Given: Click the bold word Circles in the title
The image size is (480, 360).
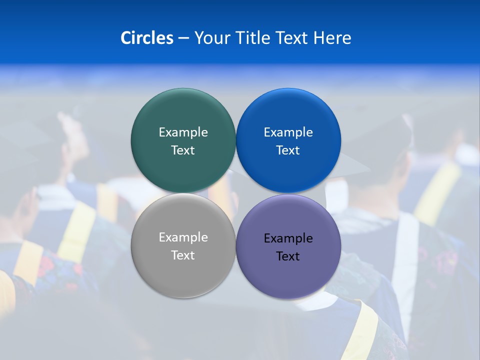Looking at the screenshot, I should click(147, 38).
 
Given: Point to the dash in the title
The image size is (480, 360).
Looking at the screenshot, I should click(183, 38).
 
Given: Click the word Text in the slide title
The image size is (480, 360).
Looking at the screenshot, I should click(292, 38).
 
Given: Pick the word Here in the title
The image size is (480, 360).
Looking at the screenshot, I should click(332, 38).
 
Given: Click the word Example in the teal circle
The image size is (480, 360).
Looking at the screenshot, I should click(183, 132).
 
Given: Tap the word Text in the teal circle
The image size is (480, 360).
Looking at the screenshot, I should click(183, 150).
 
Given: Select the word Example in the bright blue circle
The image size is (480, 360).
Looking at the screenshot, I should click(288, 132).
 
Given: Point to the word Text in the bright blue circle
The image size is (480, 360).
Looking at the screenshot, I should click(288, 150).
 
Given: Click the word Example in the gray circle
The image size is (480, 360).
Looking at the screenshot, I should click(183, 237).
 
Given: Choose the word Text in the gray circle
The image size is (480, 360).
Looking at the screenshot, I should click(183, 255).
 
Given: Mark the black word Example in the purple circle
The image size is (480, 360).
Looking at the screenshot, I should click(288, 238).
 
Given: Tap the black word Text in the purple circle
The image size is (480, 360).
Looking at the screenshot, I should click(288, 256).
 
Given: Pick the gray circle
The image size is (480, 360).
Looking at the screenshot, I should click(183, 277).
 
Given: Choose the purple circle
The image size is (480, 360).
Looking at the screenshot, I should click(288, 277).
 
